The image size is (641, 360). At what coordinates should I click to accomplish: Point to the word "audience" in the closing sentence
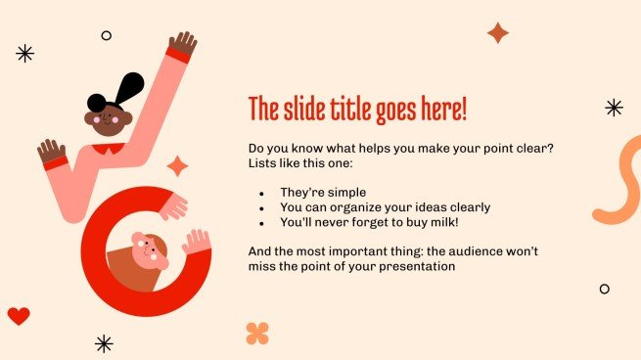point(465,251)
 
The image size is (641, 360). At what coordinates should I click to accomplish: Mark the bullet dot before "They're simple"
point(261,194)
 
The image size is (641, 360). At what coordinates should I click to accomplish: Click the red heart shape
point(19,316)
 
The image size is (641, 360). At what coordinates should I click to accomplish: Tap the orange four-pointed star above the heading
point(498,33)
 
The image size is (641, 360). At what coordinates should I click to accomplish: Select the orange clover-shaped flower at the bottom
point(257,333)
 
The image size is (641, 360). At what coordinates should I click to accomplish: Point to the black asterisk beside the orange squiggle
point(614,108)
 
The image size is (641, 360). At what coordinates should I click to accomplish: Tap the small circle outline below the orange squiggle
point(604,289)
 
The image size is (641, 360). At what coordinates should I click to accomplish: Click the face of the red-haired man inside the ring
point(150,252)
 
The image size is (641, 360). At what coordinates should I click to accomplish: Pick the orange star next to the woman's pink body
point(177,166)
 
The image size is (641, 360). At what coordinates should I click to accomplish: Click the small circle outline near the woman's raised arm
point(106,35)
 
